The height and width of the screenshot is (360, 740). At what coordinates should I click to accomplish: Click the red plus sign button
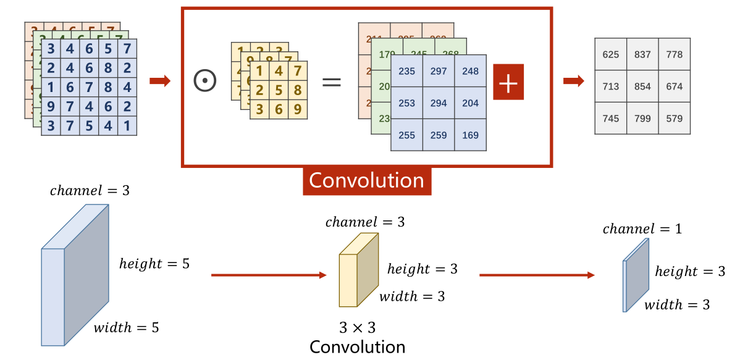click(508, 82)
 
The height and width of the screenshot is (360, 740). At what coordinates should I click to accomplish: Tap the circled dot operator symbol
click(204, 81)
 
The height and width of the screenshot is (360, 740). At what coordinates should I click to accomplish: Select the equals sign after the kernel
click(332, 81)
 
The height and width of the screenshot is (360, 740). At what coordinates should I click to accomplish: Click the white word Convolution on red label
click(366, 180)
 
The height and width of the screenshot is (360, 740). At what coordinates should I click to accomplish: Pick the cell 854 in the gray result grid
click(642, 86)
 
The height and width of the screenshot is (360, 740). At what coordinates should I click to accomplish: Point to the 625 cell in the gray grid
click(610, 54)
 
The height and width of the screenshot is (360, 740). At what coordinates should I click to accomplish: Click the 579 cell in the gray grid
click(675, 119)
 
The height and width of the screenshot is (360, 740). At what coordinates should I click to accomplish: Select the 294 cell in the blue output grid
click(439, 103)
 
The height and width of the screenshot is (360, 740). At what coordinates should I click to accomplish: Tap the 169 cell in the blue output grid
click(471, 135)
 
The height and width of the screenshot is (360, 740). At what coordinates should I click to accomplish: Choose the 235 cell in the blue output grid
click(406, 71)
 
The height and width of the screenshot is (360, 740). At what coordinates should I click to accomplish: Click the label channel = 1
click(642, 230)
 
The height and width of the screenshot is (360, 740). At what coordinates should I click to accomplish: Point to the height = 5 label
click(154, 264)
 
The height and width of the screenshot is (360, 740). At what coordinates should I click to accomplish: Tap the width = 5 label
click(126, 328)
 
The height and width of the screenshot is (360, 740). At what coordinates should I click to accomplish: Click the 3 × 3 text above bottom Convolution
click(357, 327)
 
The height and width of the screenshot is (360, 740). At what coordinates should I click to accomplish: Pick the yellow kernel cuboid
click(358, 271)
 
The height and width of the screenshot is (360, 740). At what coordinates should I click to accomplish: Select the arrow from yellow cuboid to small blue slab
click(537, 275)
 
